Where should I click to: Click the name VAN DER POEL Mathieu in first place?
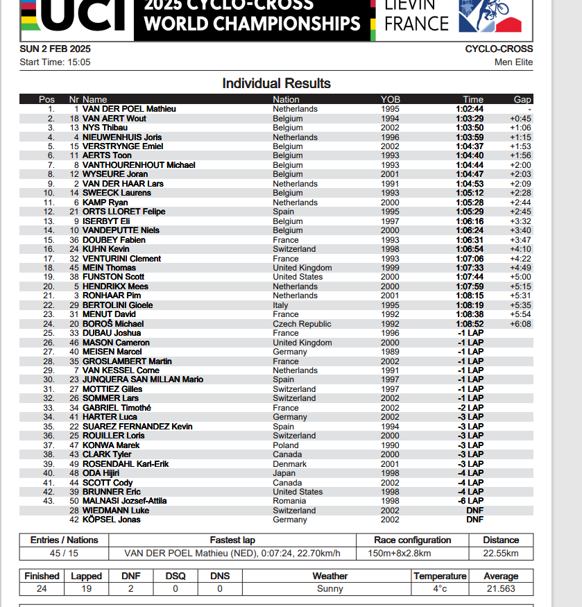click(x=129, y=109)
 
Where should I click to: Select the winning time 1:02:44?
click(x=470, y=109)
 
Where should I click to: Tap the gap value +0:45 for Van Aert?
click(x=520, y=119)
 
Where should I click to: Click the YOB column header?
click(x=390, y=99)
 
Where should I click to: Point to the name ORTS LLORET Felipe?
click(x=123, y=212)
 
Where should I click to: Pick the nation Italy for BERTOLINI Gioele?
click(x=280, y=305)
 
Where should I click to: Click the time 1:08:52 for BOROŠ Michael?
click(x=470, y=324)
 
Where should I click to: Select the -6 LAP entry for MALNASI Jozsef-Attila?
click(x=471, y=501)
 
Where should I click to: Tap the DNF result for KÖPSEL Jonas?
click(x=474, y=520)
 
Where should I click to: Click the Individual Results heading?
click(x=276, y=83)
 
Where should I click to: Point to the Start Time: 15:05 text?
click(x=55, y=62)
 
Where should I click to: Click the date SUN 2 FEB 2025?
click(x=55, y=49)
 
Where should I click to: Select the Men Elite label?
click(x=513, y=62)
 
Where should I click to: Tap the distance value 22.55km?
click(x=501, y=554)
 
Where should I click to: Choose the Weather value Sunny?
click(x=329, y=589)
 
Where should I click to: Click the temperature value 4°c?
click(x=440, y=589)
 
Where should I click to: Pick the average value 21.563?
click(x=501, y=589)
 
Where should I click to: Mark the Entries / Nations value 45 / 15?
click(x=64, y=554)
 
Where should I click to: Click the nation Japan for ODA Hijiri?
click(x=284, y=473)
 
